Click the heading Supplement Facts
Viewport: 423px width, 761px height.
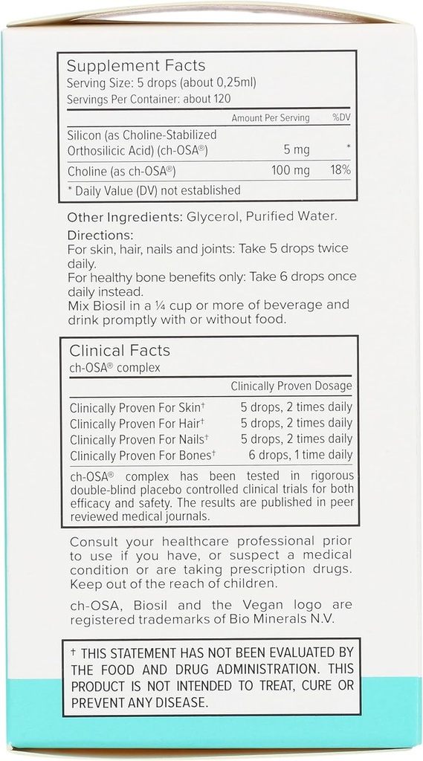coord(136,66)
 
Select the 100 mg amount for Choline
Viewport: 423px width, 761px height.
coord(291,170)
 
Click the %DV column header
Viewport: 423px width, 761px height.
coord(340,118)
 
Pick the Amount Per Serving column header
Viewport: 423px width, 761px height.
coord(271,118)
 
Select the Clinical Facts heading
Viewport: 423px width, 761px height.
coord(120,350)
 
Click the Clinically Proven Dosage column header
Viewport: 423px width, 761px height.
coord(291,386)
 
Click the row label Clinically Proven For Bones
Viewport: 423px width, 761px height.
coord(142,455)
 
